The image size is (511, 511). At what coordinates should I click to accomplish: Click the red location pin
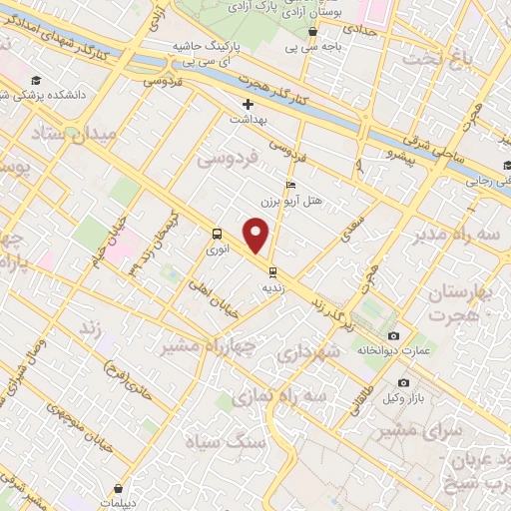(256, 236)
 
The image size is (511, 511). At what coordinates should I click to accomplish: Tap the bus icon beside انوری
(217, 234)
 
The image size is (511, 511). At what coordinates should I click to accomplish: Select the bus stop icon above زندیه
(271, 270)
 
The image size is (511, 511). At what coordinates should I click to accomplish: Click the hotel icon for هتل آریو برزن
(290, 185)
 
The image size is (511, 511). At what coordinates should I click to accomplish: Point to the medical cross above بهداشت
(247, 103)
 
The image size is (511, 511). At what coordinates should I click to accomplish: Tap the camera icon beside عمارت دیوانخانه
(393, 335)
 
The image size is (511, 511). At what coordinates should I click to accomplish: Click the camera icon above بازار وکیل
(403, 382)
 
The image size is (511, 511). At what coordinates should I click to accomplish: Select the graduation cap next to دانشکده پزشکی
(37, 81)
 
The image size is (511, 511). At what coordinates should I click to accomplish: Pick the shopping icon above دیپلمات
(119, 489)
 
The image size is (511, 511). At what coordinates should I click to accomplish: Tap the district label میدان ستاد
(74, 133)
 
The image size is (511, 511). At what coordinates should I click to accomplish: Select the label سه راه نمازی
(280, 396)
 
